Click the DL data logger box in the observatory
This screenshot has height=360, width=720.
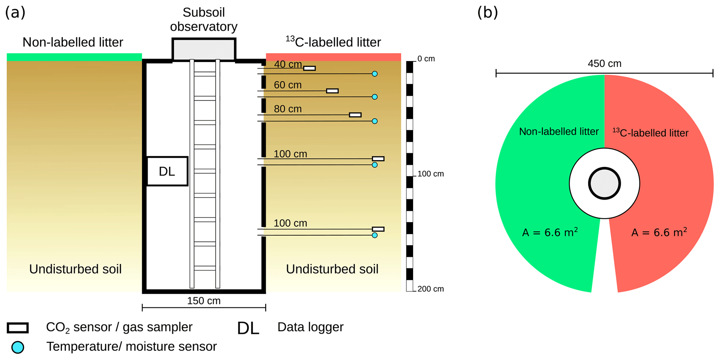[167, 171]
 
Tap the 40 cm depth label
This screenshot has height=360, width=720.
[288, 64]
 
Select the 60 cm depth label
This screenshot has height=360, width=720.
[288, 85]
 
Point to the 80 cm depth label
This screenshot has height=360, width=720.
[288, 109]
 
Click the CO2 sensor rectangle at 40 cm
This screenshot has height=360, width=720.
[309, 68]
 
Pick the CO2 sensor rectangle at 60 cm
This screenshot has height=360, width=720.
[332, 91]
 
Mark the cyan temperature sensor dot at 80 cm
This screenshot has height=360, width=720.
[375, 121]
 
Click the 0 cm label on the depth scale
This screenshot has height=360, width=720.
[426, 59]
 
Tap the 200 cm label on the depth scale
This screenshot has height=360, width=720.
[431, 289]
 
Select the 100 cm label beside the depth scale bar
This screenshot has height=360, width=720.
[431, 174]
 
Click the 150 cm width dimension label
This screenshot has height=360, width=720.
[204, 301]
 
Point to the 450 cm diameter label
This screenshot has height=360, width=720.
[604, 63]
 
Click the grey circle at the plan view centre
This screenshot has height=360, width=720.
[604, 184]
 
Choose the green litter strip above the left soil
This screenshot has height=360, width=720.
[74, 57]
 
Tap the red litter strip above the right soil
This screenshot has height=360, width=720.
[333, 57]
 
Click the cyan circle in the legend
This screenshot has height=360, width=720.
[18, 347]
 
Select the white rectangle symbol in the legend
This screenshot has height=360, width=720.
[18, 328]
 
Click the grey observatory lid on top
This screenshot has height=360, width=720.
[204, 49]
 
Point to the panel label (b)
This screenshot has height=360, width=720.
[487, 13]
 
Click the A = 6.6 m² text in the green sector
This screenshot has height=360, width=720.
[550, 232]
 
